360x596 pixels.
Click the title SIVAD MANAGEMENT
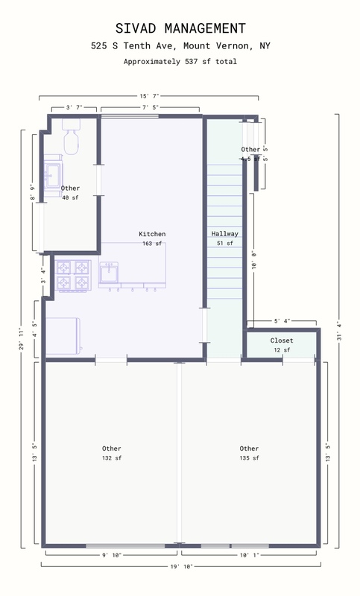(x=180, y=28)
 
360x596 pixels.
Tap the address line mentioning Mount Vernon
(x=180, y=46)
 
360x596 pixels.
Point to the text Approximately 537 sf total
(x=180, y=62)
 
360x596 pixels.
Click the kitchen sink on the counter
(x=110, y=273)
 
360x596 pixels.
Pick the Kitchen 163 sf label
(x=152, y=238)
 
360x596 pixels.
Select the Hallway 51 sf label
(x=224, y=238)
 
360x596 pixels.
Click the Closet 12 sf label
(x=281, y=345)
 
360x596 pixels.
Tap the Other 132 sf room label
(x=112, y=453)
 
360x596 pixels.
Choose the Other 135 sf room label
(x=249, y=453)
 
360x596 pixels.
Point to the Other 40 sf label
(x=70, y=193)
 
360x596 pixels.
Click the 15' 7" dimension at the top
(x=149, y=96)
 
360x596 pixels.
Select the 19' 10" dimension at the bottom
(x=181, y=566)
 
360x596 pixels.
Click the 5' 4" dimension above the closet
(x=282, y=322)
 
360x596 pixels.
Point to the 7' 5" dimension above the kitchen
(x=150, y=108)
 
